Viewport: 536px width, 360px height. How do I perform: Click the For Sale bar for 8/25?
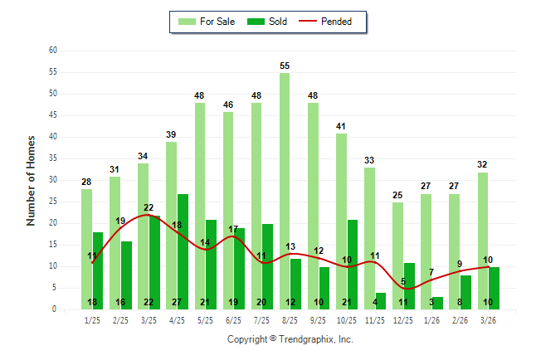click(x=285, y=191)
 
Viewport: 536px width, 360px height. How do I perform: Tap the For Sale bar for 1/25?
click(x=86, y=249)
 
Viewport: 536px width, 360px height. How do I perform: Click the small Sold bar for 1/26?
click(x=437, y=303)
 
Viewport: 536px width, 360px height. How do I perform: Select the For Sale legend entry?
click(x=207, y=22)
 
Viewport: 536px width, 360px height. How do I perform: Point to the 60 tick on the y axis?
click(x=53, y=51)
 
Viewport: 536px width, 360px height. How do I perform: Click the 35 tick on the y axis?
click(x=53, y=158)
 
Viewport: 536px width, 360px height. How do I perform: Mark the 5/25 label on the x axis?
click(x=205, y=319)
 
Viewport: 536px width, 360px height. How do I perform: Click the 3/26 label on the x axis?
click(x=488, y=319)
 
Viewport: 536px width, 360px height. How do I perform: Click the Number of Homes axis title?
click(x=32, y=180)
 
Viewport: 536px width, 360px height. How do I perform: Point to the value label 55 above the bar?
click(x=285, y=66)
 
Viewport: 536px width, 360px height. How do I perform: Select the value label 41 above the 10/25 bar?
click(x=341, y=126)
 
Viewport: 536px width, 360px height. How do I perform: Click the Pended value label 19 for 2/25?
click(x=120, y=221)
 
